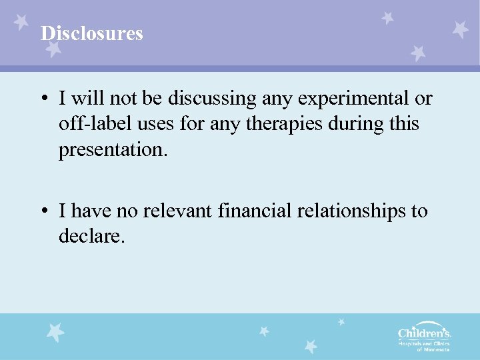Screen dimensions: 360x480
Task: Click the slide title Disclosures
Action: point(92,33)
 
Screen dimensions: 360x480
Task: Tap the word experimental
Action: point(349,99)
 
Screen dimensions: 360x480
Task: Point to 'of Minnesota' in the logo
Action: point(433,349)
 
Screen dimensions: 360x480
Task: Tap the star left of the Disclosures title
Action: point(23,23)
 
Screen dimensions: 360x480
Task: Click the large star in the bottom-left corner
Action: point(56,331)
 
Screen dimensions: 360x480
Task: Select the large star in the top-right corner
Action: point(459,29)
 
